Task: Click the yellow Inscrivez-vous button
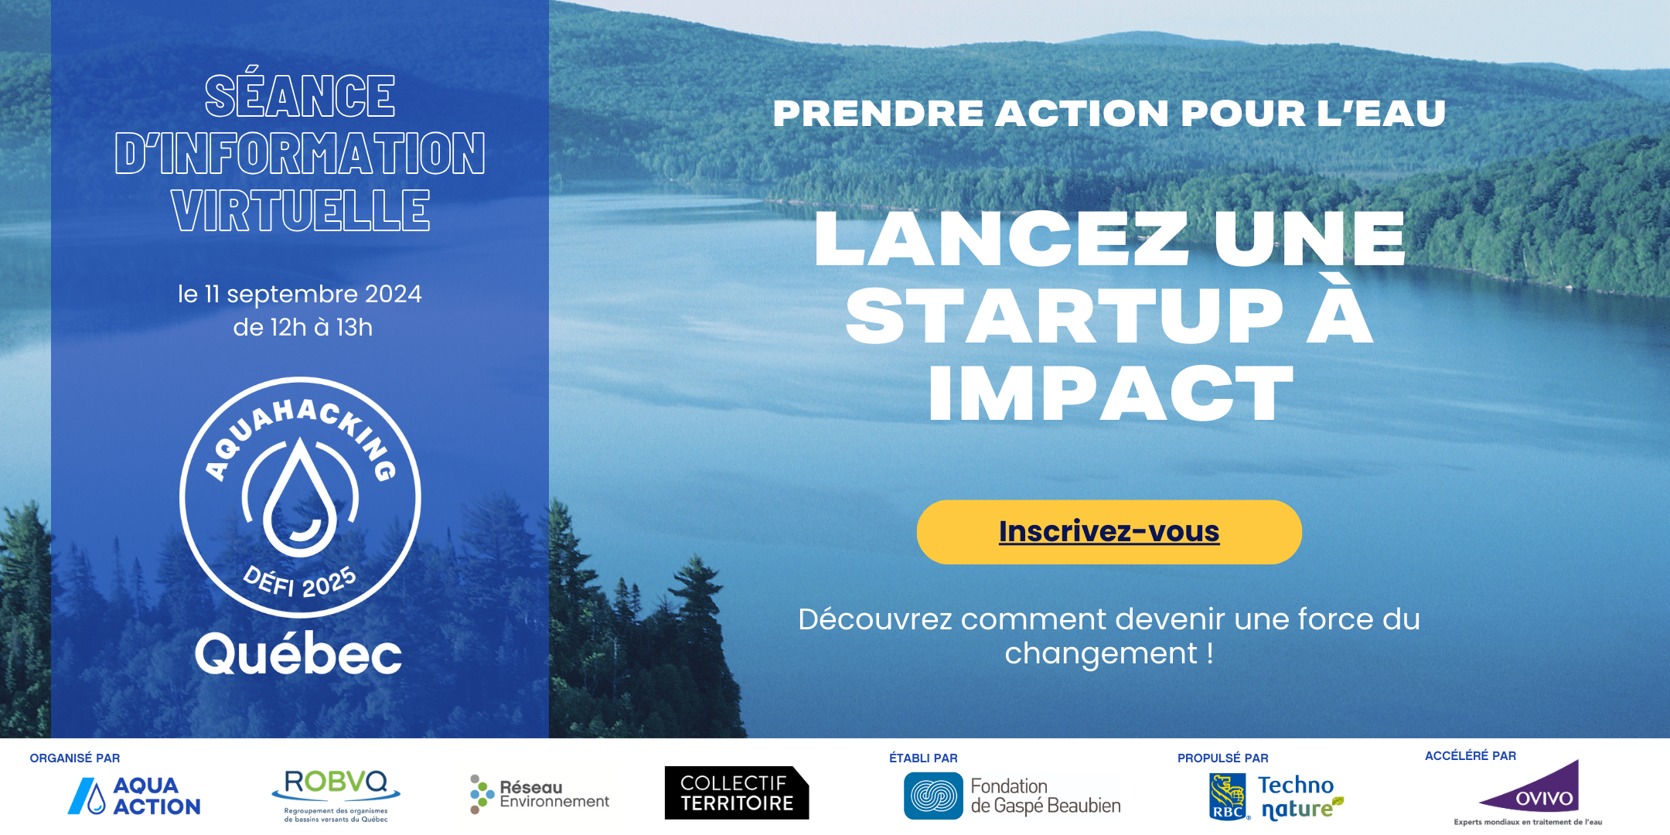point(1109,532)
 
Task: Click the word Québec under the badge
point(298,653)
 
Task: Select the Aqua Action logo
point(134,796)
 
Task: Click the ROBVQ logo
point(336,795)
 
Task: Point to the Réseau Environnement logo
point(539,795)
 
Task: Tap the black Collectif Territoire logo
point(737,792)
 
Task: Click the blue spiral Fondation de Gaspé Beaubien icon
point(933,796)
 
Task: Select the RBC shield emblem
point(1229,797)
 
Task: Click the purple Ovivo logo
point(1530,787)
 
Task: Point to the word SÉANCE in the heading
point(300,97)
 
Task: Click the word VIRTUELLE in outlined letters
point(301,210)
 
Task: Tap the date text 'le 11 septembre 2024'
point(300,294)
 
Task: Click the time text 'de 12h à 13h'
point(303,327)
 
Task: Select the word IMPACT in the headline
point(1111,394)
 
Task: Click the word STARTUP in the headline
point(1065,315)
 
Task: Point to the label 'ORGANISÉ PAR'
point(75,758)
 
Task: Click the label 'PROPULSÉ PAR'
point(1223,758)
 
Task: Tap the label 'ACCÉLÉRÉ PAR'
point(1471,756)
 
